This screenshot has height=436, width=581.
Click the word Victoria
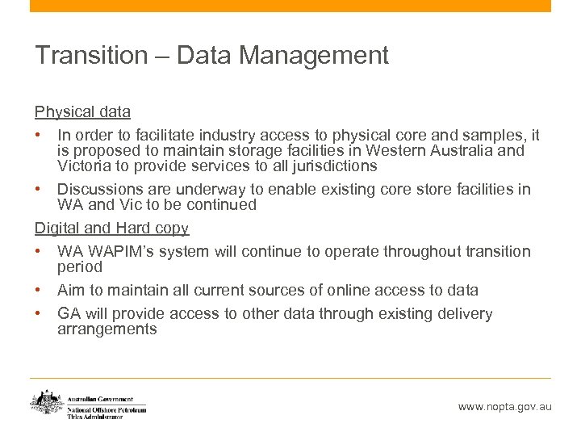[x=85, y=166]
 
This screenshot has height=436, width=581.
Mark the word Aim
[x=70, y=290]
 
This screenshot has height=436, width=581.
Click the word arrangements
[x=107, y=329]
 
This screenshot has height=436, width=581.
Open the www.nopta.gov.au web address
[x=504, y=407]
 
